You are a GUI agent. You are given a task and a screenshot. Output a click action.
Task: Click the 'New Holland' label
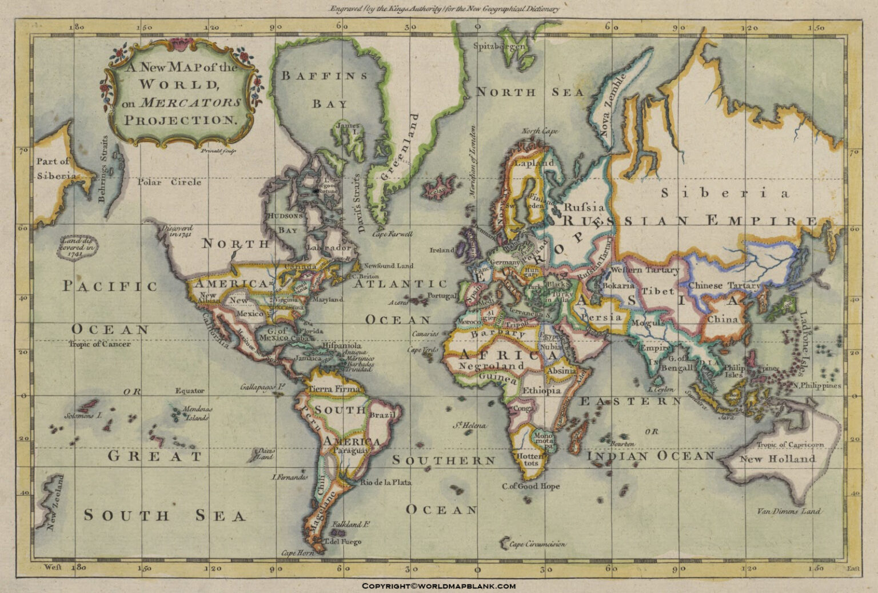tap(777, 459)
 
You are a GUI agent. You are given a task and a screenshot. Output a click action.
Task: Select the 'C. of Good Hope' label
tap(531, 486)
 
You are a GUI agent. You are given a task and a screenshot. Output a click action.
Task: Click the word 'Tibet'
tap(657, 291)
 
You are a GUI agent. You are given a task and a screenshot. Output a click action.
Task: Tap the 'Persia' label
tap(601, 317)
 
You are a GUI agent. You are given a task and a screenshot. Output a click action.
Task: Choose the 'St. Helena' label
tap(470, 425)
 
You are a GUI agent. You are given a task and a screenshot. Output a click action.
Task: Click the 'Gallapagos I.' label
tap(262, 387)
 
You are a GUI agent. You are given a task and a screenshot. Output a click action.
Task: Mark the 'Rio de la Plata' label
tap(385, 482)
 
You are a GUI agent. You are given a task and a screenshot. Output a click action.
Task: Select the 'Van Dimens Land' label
tap(788, 511)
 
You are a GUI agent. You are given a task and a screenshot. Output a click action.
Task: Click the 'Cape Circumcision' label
tap(537, 544)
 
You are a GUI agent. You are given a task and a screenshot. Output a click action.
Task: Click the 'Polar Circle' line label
tap(169, 182)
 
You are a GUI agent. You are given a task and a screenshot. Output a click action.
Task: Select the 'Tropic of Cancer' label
tap(99, 344)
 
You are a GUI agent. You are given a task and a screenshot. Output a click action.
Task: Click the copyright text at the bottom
tap(438, 586)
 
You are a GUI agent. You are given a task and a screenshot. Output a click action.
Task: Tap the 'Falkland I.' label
tap(352, 524)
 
